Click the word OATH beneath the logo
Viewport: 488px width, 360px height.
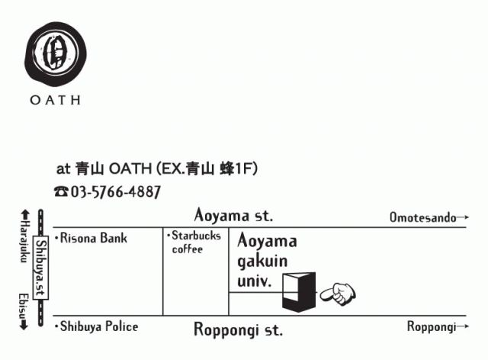(55, 100)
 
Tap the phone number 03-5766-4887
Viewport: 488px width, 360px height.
(115, 192)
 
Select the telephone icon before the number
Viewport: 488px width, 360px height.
(61, 192)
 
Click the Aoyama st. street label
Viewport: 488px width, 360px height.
(233, 215)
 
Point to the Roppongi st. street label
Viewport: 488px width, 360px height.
(238, 330)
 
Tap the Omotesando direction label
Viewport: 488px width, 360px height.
(422, 217)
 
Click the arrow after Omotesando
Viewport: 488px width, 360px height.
(463, 217)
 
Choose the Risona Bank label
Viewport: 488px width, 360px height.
(91, 238)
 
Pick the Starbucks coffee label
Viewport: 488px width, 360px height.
(194, 243)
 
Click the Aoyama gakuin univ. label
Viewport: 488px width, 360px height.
(266, 261)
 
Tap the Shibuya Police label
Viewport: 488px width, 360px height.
(97, 326)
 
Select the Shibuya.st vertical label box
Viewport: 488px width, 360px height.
(42, 268)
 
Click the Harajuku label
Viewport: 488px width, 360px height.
(23, 243)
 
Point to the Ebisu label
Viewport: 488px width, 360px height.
(23, 304)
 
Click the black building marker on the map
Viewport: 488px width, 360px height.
(298, 291)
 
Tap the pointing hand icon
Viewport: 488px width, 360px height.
(336, 292)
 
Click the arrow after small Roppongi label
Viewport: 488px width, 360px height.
(463, 327)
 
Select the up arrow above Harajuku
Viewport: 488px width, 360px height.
(24, 216)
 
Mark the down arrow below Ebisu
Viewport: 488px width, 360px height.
(24, 324)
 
